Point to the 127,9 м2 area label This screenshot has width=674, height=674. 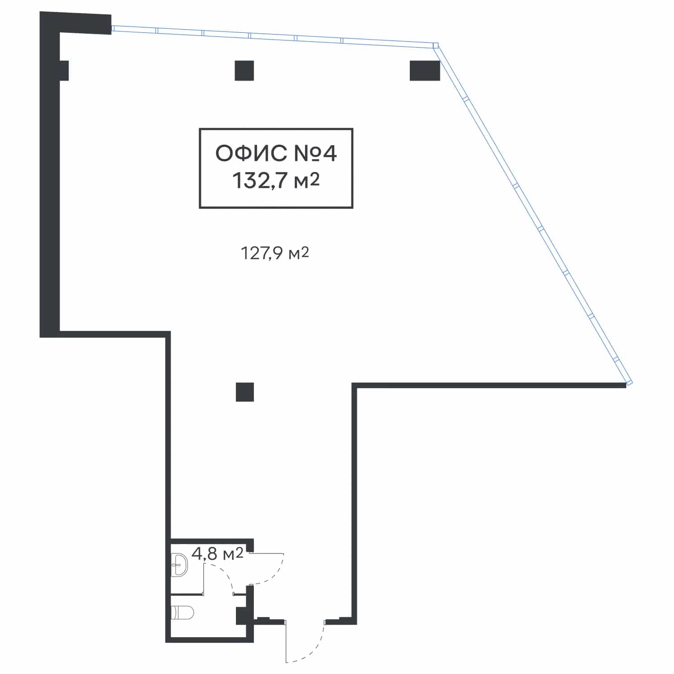pyautogui.click(x=275, y=253)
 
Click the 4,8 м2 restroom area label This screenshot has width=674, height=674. pyautogui.click(x=217, y=554)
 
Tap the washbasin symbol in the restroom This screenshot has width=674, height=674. pyautogui.click(x=180, y=565)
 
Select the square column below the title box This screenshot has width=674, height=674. pyautogui.click(x=245, y=392)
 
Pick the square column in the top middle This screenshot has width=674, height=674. pyautogui.click(x=244, y=71)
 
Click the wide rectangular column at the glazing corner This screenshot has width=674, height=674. pyautogui.click(x=425, y=71)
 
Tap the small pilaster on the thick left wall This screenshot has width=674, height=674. pyautogui.click(x=64, y=70)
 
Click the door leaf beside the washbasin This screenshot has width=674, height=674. pyautogui.click(x=204, y=579)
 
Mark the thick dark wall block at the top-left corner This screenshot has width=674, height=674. pyautogui.click(x=75, y=23)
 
